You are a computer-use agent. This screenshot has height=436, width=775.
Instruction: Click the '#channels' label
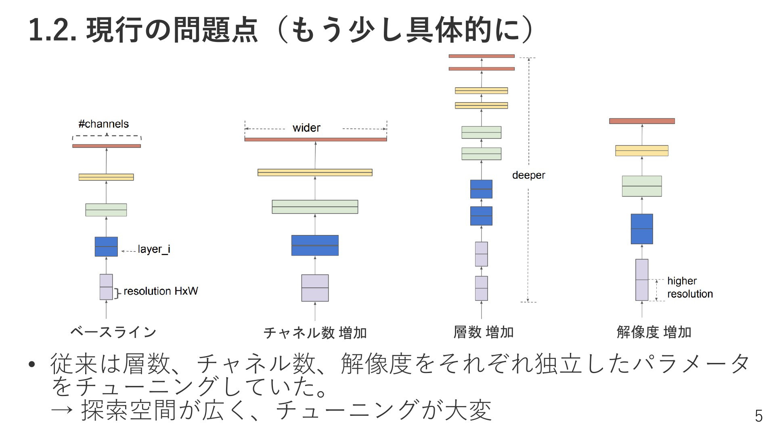point(104,124)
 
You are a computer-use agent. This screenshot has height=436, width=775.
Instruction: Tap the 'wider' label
point(306,128)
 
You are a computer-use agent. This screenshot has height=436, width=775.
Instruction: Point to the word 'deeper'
point(528,175)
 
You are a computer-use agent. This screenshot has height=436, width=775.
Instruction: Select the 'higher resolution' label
point(690,287)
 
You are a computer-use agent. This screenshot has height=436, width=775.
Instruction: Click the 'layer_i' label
point(154,249)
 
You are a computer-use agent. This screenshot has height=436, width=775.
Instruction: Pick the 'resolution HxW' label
point(161,291)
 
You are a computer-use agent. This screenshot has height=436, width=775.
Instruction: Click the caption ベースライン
point(113,332)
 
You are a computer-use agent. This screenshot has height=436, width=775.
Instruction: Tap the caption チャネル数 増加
point(315,333)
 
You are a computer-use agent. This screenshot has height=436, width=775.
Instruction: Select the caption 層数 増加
point(484,332)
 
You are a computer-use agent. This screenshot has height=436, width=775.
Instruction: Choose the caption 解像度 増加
point(654,332)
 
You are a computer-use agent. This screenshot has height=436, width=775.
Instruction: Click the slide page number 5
point(759,416)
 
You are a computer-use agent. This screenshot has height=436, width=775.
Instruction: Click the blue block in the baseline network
point(106,247)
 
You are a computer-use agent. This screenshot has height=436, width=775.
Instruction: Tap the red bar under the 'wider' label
point(316,139)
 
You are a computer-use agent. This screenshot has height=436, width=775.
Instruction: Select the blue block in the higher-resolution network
point(642,229)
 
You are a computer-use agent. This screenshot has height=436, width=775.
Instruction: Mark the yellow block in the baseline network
point(106,177)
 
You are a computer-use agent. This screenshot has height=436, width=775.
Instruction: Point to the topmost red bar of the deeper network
point(482,56)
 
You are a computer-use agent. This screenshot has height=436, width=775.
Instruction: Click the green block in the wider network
point(315,207)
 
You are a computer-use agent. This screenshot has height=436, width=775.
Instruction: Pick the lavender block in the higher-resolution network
point(642,280)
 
